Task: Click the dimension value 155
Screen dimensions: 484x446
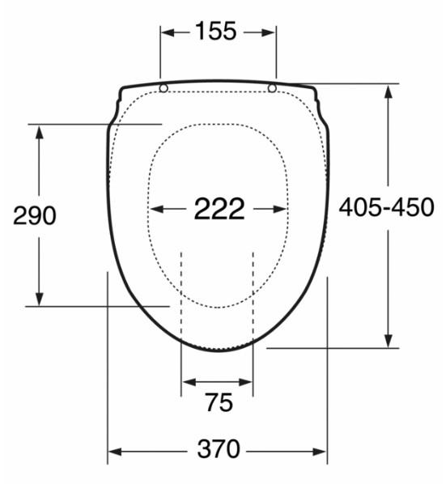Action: (x=217, y=32)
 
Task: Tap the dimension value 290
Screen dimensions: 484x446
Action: (x=35, y=216)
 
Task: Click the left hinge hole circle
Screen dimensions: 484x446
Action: (x=164, y=88)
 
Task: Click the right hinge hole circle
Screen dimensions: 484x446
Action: (x=272, y=87)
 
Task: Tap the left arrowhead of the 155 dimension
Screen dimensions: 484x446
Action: (x=166, y=32)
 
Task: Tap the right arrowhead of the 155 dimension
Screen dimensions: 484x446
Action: (x=271, y=32)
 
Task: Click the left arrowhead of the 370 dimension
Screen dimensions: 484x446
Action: (x=114, y=451)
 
